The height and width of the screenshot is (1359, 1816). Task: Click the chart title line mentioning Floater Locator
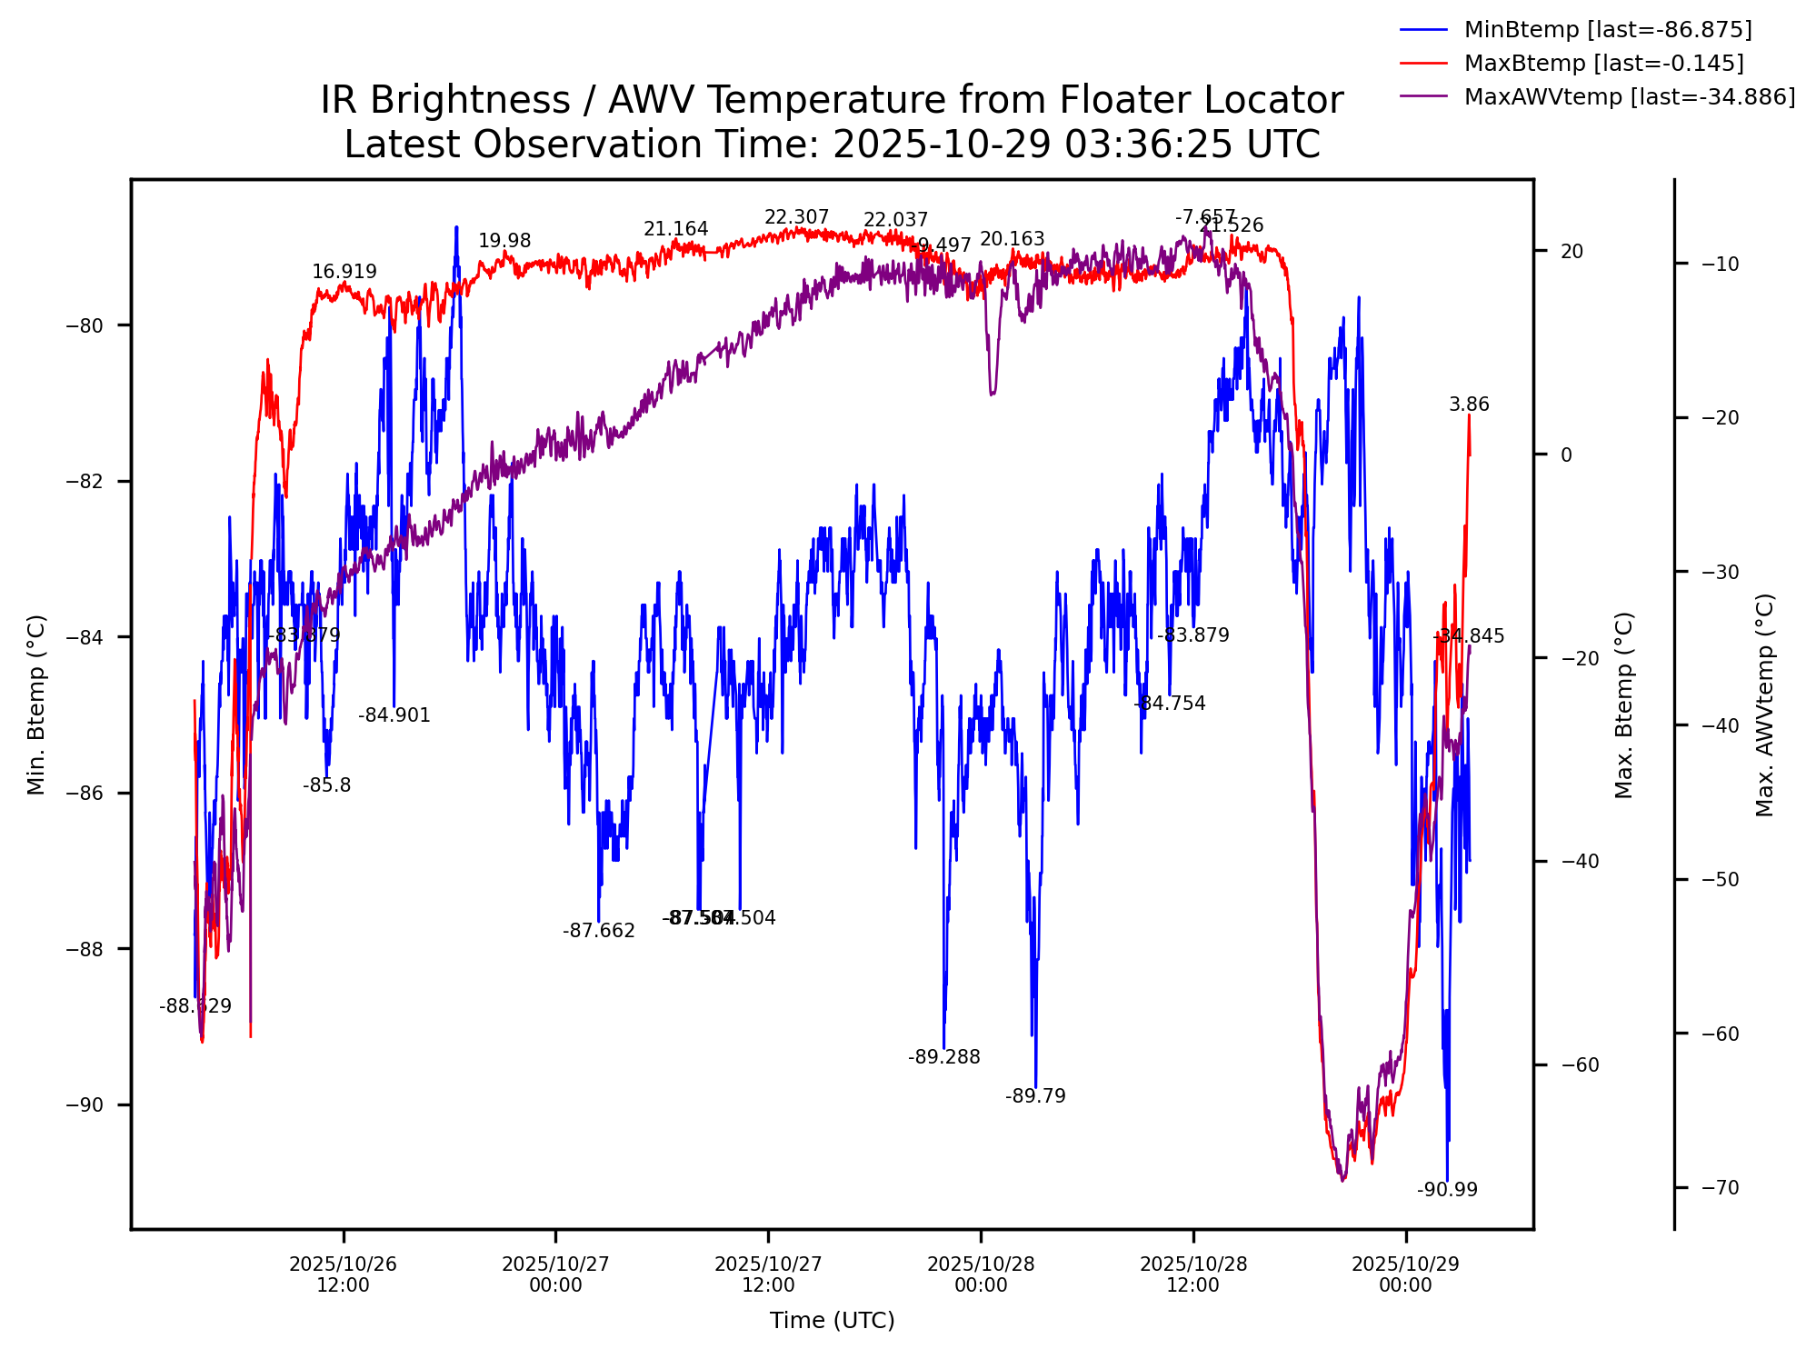coord(832,100)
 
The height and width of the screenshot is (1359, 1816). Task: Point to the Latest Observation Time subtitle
coord(832,145)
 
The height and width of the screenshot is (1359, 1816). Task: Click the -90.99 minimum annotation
coord(1447,1190)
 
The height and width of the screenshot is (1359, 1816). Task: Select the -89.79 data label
coord(1035,1096)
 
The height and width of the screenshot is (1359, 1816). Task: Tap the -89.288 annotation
coord(944,1057)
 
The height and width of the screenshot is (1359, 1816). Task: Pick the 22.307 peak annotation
coord(796,217)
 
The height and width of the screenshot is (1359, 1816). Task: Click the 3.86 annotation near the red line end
coord(1469,405)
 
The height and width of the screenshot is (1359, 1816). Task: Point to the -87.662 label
coord(599,931)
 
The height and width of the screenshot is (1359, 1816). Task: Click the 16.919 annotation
coord(344,272)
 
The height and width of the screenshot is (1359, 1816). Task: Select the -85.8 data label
coord(326,785)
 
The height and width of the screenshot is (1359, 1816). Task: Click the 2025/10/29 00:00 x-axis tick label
coord(1405,1274)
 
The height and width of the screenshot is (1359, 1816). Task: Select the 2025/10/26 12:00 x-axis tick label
coord(344,1274)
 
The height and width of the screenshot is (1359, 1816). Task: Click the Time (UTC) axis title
coord(832,1321)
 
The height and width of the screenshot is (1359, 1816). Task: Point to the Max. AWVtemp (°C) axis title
coord(1764,704)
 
